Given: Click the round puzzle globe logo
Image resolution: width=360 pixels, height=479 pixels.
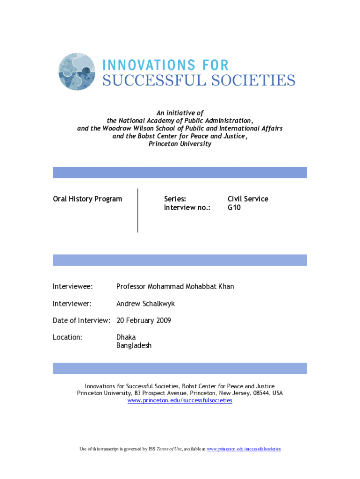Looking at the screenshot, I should point(78,72).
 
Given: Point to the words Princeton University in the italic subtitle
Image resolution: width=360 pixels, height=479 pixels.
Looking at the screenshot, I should point(180,144).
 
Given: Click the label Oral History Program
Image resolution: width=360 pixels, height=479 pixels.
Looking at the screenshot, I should point(87,199).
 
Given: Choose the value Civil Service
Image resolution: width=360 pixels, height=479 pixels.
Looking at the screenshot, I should point(248,199).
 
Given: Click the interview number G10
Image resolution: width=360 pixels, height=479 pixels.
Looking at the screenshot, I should point(234,207).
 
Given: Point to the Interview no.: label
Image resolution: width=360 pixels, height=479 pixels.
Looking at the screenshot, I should point(187,207).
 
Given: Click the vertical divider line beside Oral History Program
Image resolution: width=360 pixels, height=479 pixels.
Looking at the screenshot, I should point(138,210).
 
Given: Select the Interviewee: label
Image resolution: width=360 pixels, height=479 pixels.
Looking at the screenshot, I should point(72,286).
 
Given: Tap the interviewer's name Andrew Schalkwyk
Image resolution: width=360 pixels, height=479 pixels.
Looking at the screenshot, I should point(145,304).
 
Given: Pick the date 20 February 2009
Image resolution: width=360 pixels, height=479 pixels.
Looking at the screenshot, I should point(144,320).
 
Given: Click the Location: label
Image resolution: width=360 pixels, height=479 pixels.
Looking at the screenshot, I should point(68,337).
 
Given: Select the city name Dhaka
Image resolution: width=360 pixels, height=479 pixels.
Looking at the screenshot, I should point(126,337).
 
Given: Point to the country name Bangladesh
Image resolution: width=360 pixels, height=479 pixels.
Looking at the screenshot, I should point(134,346).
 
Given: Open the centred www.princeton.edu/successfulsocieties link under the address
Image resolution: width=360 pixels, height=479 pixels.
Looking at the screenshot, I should point(180,400).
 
